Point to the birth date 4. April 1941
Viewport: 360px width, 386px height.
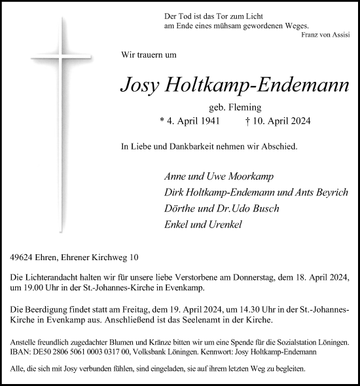click(187, 121)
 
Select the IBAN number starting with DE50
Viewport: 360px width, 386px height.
click(79, 352)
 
